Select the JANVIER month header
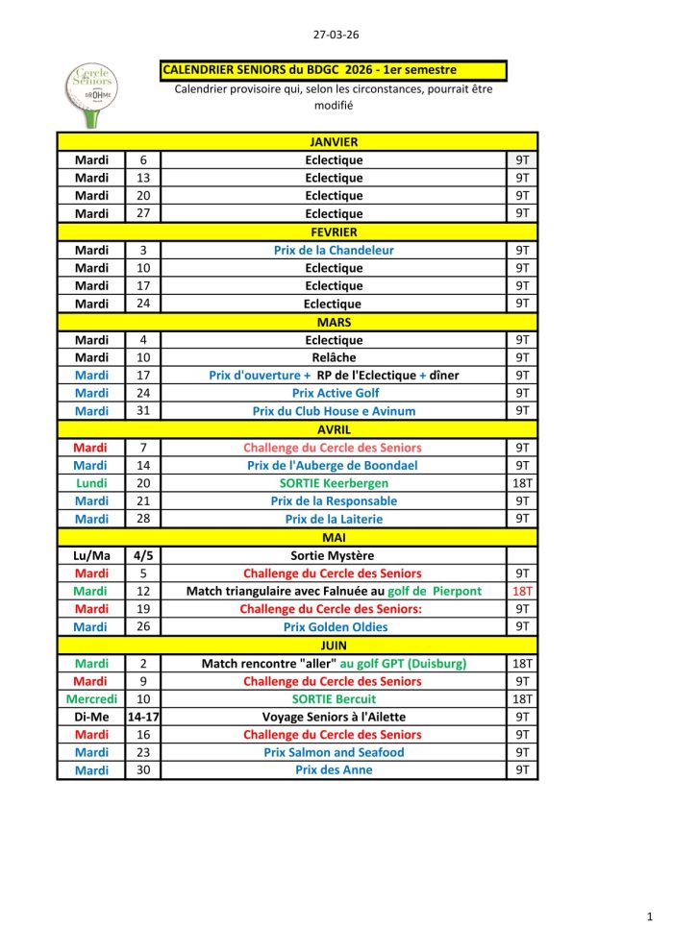(x=334, y=142)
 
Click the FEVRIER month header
(x=334, y=232)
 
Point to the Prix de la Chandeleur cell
(x=334, y=250)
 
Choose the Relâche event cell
(x=334, y=357)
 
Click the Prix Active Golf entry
(x=335, y=393)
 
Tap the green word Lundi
(x=91, y=483)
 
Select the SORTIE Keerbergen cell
(x=334, y=483)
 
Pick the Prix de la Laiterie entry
(x=334, y=519)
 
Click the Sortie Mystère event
(x=334, y=555)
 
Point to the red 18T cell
(x=522, y=591)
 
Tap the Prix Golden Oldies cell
(x=335, y=627)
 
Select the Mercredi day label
(x=91, y=699)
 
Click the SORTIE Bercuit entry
(x=335, y=699)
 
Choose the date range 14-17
(x=143, y=717)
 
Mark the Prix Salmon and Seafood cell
(x=334, y=752)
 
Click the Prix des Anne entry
(x=334, y=770)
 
